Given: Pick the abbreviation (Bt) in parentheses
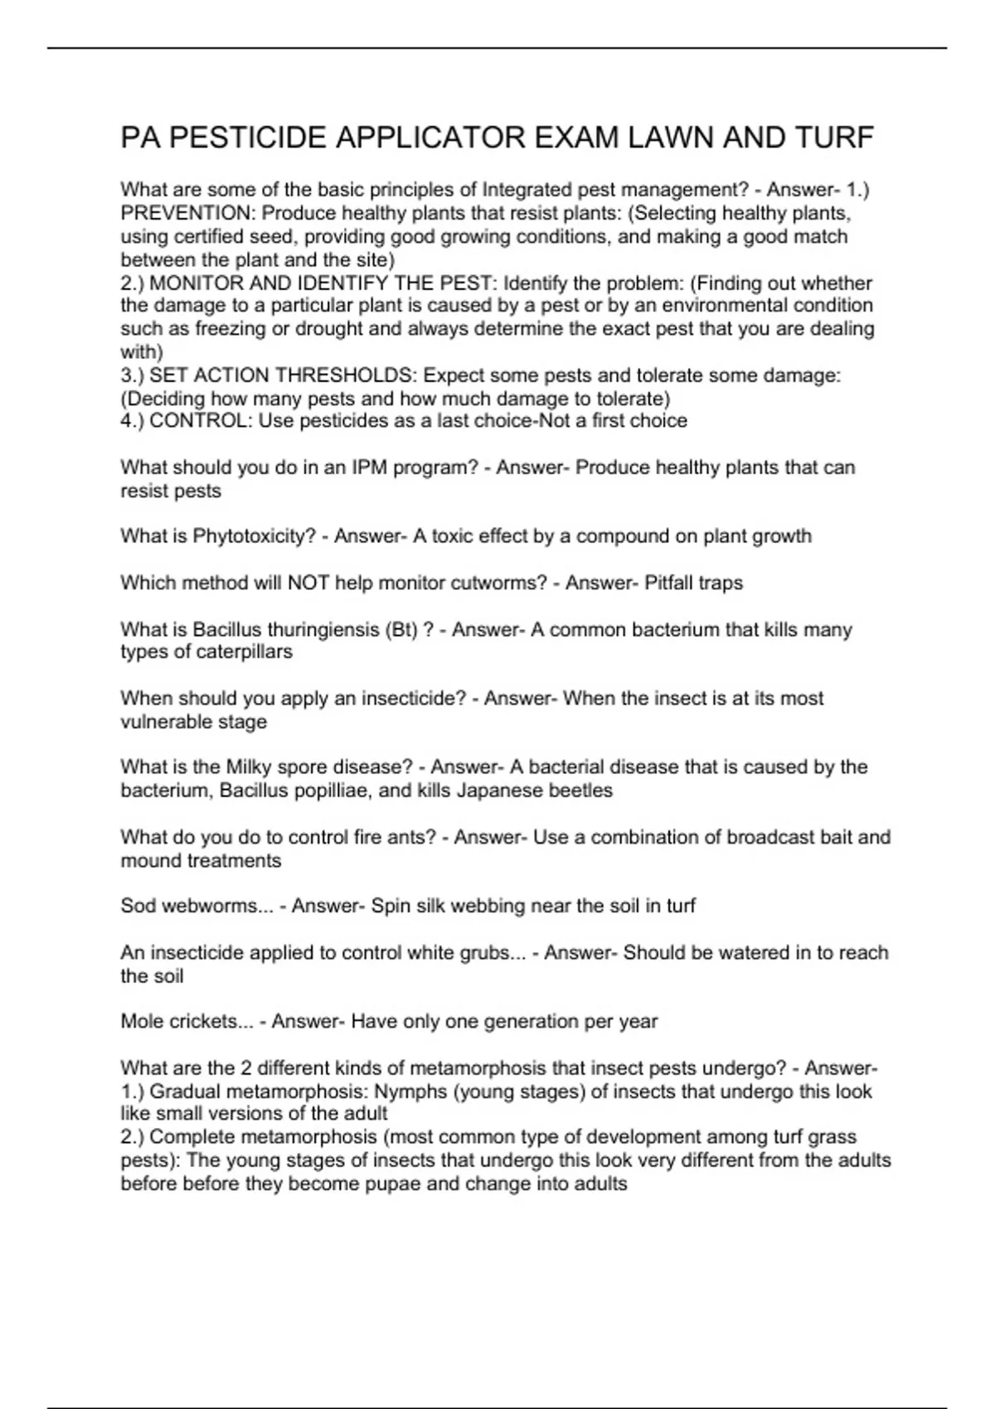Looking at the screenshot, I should pyautogui.click(x=401, y=630).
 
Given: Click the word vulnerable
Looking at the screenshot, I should pyautogui.click(x=166, y=722).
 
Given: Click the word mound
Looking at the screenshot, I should pyautogui.click(x=151, y=861).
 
